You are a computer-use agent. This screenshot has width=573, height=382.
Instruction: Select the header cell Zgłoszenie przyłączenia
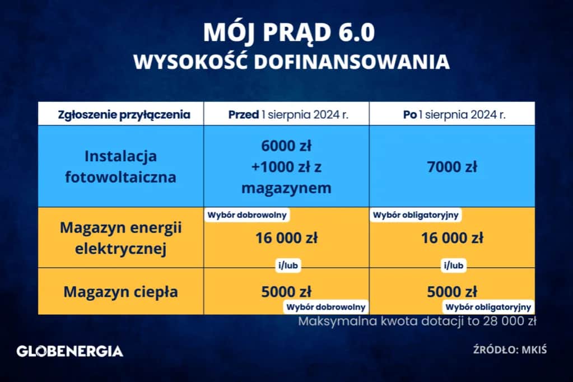coord(124,115)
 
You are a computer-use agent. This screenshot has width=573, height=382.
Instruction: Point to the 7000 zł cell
coord(452,166)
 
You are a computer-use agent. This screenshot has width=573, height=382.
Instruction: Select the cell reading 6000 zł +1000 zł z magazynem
coord(286,166)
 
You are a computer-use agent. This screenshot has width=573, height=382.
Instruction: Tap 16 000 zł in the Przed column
coord(286,238)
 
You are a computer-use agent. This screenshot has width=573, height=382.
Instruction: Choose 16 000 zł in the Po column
coord(452,238)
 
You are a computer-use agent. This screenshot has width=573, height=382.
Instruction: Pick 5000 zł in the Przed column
coord(286,292)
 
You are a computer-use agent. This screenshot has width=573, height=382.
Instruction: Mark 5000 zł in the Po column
coord(452,292)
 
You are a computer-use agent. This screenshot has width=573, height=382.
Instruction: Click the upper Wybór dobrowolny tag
coord(248,215)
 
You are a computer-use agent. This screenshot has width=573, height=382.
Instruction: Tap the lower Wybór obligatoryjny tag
coord(488,307)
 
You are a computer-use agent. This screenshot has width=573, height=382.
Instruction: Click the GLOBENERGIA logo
coord(70,352)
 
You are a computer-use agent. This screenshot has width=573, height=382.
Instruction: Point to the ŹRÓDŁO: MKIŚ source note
coord(509,350)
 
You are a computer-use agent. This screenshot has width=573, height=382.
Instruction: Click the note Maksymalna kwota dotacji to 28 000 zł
coord(418,322)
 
